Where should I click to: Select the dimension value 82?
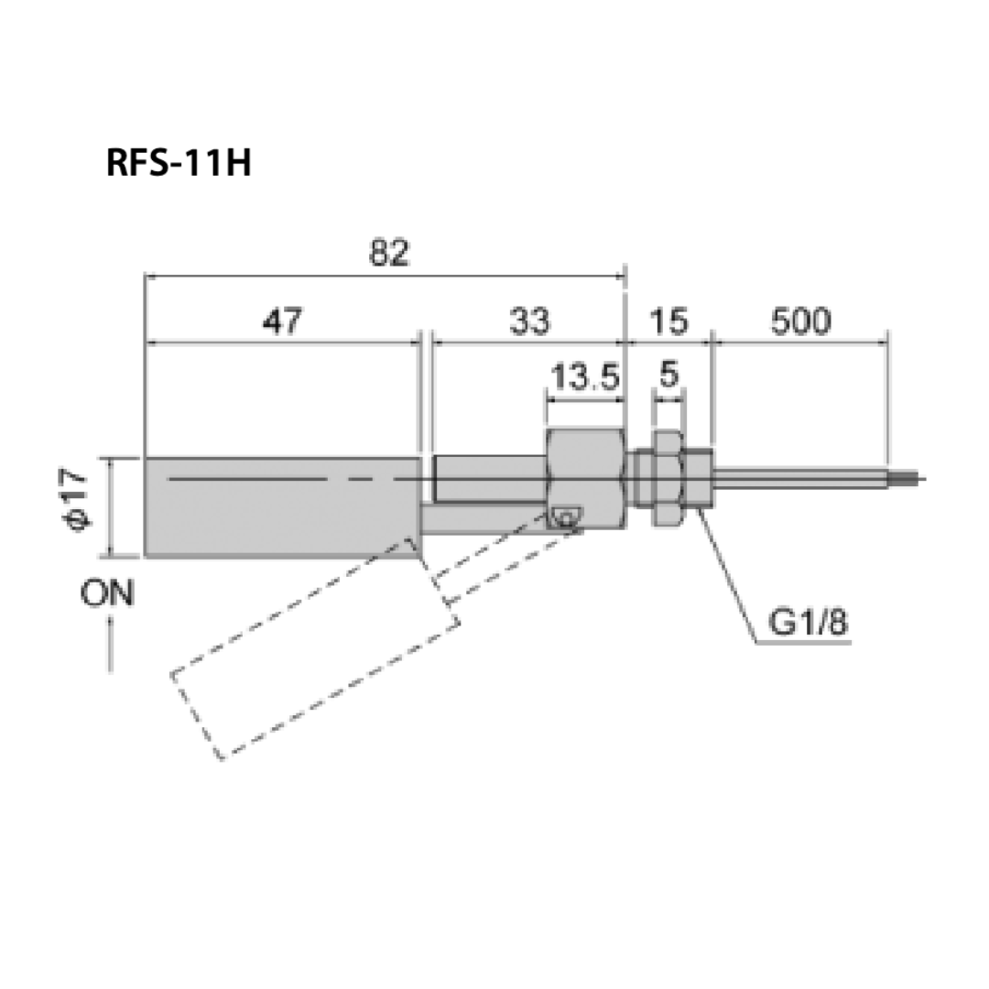tap(388, 253)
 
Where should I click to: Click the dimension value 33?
tap(531, 321)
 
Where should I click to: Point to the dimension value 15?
tap(668, 321)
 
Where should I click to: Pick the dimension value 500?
tap(799, 321)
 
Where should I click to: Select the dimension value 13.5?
tap(585, 376)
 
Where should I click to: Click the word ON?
tap(107, 594)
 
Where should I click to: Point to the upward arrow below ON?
tap(110, 645)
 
